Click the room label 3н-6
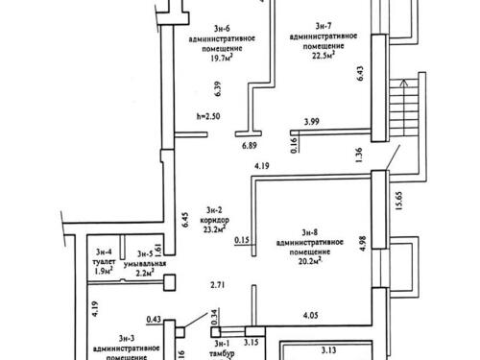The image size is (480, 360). tap(222, 29)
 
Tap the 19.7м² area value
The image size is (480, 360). tap(222, 58)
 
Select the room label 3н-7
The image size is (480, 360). tap(324, 26)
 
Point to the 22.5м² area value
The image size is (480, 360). tap(324, 56)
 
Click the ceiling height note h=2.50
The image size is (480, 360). tap(208, 116)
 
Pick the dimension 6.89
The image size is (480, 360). tap(250, 146)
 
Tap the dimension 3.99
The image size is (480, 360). tap(311, 122)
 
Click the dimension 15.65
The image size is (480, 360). tap(398, 201)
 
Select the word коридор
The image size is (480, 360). tap(214, 221)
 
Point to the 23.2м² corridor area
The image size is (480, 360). tap(214, 229)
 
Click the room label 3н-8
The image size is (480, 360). tap(310, 232)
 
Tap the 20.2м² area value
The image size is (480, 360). tap(310, 262)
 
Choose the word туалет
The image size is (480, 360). tap(104, 262)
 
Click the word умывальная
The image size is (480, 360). tap(145, 264)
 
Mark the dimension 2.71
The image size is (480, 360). tap(217, 285)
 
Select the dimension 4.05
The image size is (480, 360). tap(310, 316)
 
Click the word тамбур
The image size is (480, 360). tap(222, 353)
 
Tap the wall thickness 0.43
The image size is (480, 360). tap(154, 319)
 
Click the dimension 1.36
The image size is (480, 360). tap(359, 155)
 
